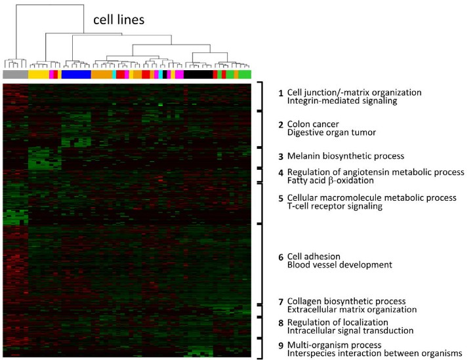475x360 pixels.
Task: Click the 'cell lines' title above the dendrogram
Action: (119, 20)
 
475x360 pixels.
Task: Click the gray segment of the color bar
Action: (16, 74)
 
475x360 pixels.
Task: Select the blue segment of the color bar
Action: (76, 74)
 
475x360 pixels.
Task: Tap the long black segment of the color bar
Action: (198, 74)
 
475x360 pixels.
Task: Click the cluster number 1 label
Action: (281, 93)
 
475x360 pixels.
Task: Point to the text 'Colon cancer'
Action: (313, 124)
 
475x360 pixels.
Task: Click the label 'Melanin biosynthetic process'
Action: (346, 156)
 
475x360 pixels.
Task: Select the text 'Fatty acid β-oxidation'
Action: (330, 180)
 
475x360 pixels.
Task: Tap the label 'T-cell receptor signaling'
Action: (335, 206)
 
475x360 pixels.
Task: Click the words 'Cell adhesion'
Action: (314, 256)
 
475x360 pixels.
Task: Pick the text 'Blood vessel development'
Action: (340, 265)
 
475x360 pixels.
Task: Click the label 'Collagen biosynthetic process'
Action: (346, 301)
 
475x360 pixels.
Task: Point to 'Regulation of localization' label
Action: (337, 322)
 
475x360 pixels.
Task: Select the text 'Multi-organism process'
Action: (334, 345)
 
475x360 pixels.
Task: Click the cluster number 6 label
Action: (281, 257)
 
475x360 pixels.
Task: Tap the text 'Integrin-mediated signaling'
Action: (342, 101)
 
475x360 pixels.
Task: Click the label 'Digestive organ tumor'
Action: (331, 132)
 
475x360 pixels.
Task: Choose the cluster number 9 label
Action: (281, 346)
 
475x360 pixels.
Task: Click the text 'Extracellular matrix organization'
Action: (352, 310)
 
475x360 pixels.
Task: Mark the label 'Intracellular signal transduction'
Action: (350, 330)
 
